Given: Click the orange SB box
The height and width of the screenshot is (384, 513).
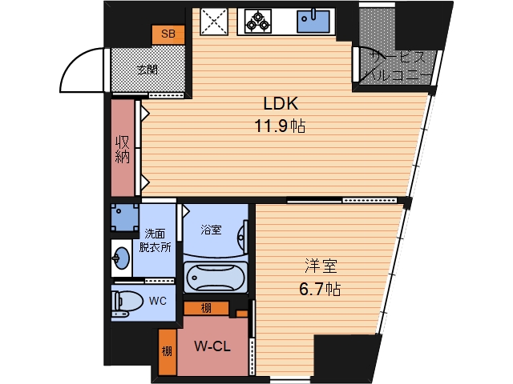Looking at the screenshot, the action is pos(168,34).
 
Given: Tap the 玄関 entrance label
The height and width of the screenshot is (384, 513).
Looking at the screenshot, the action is pos(147,70).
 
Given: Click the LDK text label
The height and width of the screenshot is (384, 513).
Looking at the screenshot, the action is pos(281,103).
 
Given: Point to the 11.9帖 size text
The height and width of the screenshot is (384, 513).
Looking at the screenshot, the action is pos(280,126).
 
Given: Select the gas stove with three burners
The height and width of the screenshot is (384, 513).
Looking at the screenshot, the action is pos(258,21).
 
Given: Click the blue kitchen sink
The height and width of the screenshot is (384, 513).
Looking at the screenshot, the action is pos(313,22).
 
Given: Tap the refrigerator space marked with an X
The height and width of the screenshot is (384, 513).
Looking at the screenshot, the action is pos(214,22).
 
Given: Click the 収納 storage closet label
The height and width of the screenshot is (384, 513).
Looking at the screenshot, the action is pos(123,149).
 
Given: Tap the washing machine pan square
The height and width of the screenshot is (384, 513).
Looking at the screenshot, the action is pos(125,218).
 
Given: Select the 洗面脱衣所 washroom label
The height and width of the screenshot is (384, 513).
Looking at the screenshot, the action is pos(155,240).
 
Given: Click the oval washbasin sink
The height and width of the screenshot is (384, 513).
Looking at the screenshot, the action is pos(121,258).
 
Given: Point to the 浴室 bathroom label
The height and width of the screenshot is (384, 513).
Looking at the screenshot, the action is pos(211,230).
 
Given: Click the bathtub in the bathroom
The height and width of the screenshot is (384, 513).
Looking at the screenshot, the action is pos(216,278).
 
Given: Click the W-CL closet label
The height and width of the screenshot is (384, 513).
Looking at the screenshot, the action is pos(212,346).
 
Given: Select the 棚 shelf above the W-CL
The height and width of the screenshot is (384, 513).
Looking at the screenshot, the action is pos(206,308).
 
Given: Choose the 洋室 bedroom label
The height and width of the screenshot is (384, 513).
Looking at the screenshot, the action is pos(321,266).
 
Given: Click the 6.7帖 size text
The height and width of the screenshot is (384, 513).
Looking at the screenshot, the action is pos(320,289).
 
